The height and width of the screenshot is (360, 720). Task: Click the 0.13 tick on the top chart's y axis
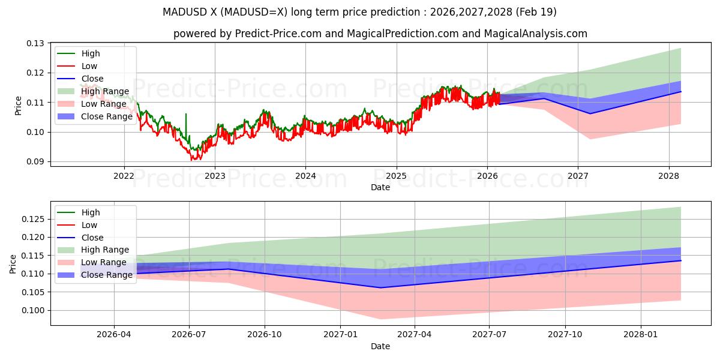click(x=37, y=43)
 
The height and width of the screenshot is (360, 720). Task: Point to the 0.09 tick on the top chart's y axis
click(x=37, y=161)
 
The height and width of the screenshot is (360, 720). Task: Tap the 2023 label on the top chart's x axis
click(x=215, y=176)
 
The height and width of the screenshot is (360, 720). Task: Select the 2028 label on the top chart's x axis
click(x=668, y=176)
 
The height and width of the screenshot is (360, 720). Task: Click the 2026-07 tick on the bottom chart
click(x=189, y=334)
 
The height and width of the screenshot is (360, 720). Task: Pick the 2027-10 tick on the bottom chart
click(x=565, y=334)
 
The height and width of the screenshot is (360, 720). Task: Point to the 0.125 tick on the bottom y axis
click(x=35, y=219)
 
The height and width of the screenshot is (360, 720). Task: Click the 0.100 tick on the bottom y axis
click(x=35, y=310)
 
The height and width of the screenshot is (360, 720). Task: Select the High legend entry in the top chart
click(x=91, y=53)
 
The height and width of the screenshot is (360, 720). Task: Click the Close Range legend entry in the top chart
click(x=106, y=116)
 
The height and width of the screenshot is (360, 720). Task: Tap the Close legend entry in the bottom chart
click(x=92, y=238)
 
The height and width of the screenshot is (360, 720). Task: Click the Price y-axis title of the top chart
click(x=17, y=106)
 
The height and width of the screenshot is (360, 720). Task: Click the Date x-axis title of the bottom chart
click(x=380, y=346)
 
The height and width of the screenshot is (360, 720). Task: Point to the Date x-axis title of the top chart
click(x=380, y=187)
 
